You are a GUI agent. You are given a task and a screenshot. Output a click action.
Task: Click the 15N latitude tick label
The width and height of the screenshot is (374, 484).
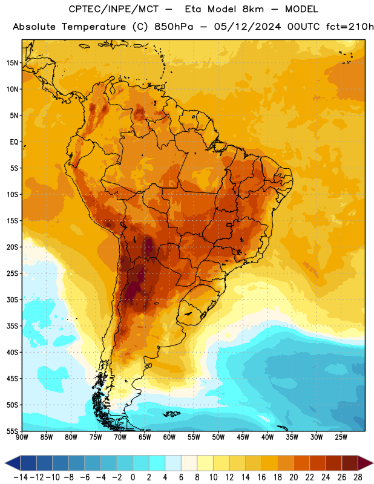pos(12,63)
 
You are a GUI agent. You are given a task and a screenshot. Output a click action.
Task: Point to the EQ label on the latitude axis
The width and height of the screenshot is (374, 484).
pos(14,142)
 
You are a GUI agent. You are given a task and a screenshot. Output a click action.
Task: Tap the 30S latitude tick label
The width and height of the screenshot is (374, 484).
pos(12,299)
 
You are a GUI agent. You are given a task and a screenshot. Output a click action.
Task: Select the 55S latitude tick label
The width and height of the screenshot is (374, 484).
pos(12,431)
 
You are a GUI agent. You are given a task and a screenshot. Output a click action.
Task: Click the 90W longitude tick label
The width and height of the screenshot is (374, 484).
pos(22,437)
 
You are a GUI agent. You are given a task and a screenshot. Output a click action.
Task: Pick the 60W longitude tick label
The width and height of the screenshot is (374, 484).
pos(169,437)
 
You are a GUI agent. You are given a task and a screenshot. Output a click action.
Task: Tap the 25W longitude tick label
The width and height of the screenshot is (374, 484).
pos(341,437)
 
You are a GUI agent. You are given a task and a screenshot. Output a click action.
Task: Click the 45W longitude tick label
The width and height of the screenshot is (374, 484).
pos(243,437)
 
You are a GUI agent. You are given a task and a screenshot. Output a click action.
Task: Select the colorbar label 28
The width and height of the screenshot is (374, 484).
pos(358,477)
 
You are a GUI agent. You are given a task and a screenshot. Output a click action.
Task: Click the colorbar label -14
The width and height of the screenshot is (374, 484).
pos(21,477)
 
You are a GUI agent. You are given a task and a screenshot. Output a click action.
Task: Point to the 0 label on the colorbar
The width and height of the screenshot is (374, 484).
pos(133,477)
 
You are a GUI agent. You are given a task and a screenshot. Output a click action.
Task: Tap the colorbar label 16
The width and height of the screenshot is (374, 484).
pos(261,477)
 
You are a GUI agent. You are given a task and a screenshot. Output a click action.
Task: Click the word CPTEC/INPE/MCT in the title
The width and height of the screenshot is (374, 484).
pos(114,9)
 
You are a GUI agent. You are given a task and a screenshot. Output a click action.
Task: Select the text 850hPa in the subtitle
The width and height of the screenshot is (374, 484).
pos(174,27)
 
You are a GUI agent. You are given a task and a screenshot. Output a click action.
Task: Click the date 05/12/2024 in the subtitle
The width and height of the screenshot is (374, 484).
pos(248,27)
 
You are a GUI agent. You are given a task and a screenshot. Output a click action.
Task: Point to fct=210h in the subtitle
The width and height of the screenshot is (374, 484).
pos(350,27)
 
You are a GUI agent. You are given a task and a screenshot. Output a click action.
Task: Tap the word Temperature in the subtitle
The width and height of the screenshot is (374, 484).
pos(94,27)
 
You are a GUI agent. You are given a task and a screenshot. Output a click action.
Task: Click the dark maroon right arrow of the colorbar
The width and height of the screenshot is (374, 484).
pos(365,463)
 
